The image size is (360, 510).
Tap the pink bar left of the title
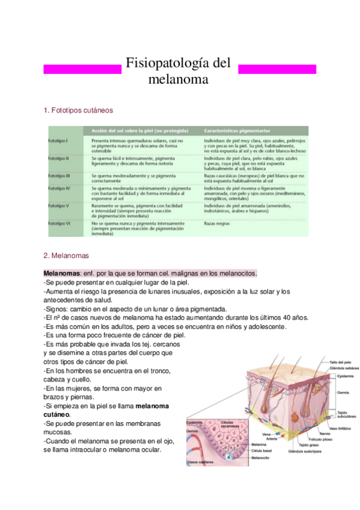(83, 69)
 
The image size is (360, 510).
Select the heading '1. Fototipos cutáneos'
(78, 111)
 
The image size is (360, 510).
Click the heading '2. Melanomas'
(66, 255)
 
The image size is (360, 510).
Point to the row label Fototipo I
(58, 140)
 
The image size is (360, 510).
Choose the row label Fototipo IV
(59, 188)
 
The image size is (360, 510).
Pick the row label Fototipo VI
(59, 223)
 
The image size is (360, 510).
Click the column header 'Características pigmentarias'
(237, 130)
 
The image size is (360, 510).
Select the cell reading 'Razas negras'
(218, 223)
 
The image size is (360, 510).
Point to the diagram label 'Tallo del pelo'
(340, 362)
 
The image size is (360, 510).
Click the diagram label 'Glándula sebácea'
(343, 367)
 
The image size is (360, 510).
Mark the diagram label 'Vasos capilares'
(200, 462)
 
